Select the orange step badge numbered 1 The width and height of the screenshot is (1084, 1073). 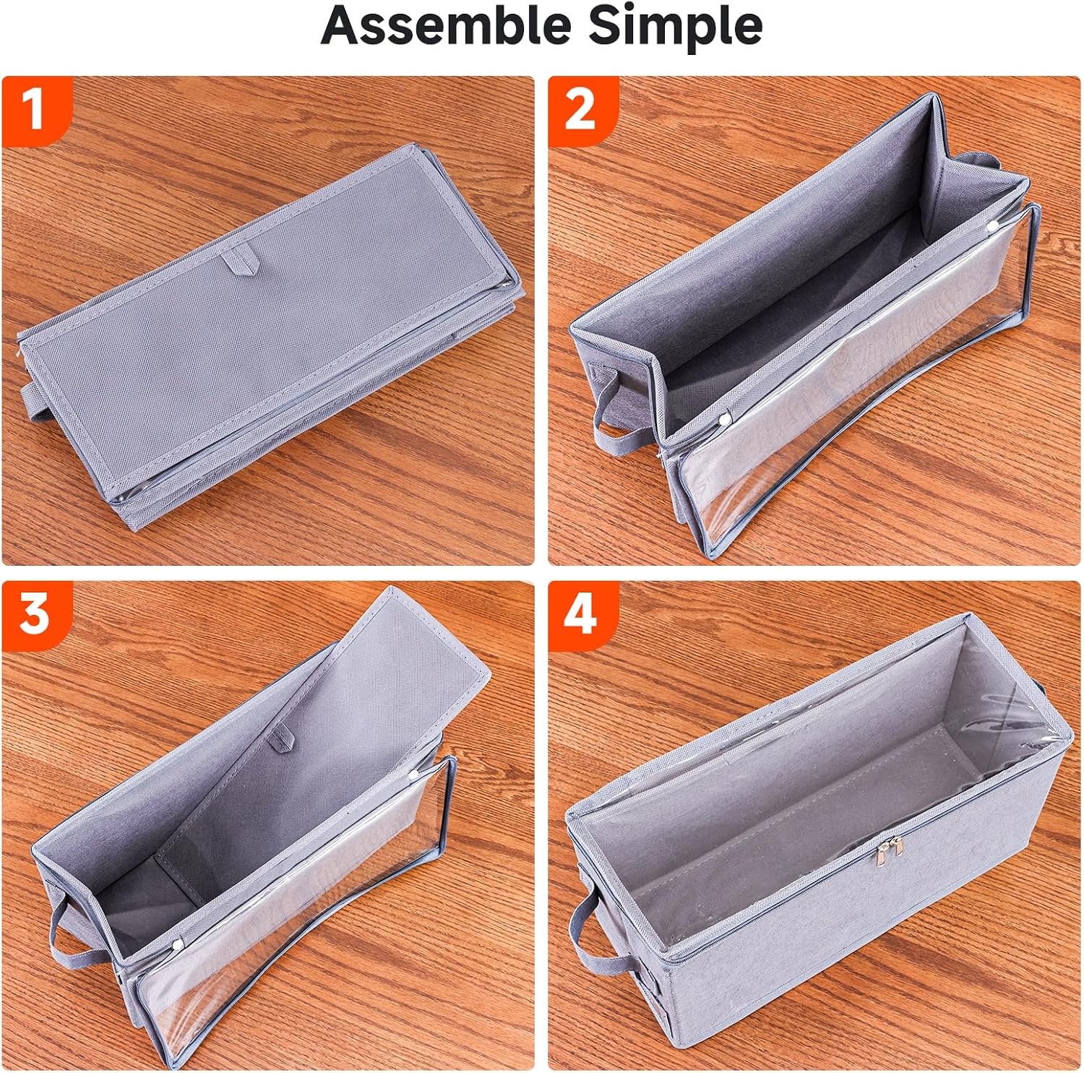(35, 111)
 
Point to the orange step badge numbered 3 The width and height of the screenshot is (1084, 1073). (35, 616)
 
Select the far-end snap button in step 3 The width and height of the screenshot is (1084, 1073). (415, 775)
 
